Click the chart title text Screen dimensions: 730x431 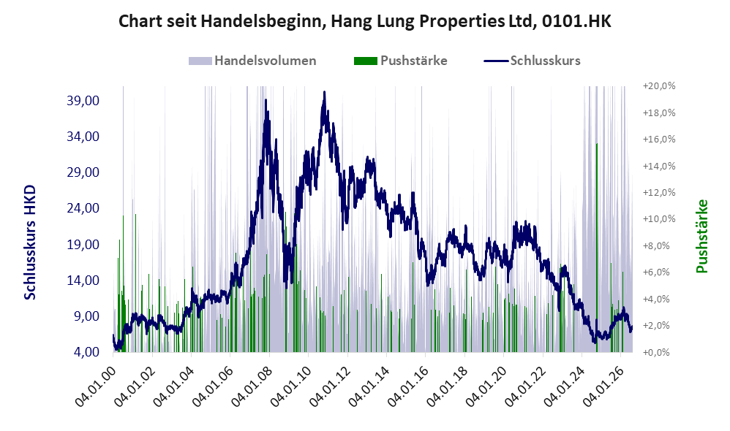tap(364, 21)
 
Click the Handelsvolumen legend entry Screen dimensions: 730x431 tap(252, 61)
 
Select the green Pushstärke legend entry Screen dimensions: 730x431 tap(400, 61)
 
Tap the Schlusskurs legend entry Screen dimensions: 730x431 tap(532, 61)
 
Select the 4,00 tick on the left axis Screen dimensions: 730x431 tap(86, 351)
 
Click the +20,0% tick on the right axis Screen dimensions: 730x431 tap(659, 86)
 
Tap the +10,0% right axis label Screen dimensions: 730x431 tap(659, 219)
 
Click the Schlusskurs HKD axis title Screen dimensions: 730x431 tap(30, 243)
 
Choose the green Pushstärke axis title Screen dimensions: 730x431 tap(701, 236)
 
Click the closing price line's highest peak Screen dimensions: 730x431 tap(325, 92)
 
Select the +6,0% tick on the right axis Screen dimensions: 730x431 tap(659, 272)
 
